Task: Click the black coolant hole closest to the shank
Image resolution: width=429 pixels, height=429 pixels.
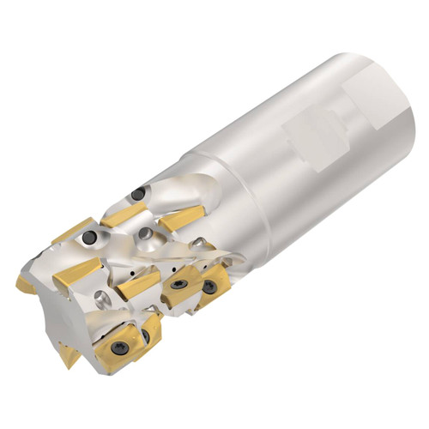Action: tap(138, 193)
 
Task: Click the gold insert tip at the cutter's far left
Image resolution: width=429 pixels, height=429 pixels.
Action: tap(27, 283)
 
